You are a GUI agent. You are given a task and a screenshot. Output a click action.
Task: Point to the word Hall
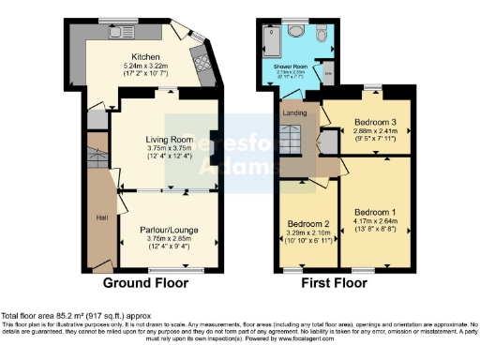click(x=102, y=218)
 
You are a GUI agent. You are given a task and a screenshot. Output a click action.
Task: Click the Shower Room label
click(x=290, y=67)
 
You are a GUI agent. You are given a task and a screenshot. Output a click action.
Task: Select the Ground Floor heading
click(x=145, y=282)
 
